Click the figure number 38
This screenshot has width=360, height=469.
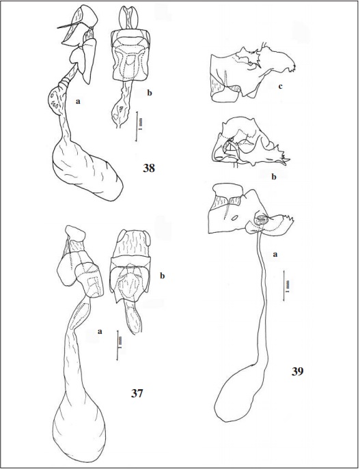click(x=149, y=168)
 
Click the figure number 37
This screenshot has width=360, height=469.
click(x=137, y=393)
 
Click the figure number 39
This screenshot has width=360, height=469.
click(x=297, y=371)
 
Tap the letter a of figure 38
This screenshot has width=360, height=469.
click(x=78, y=102)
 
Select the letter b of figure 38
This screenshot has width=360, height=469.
click(x=150, y=93)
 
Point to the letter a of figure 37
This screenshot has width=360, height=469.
click(x=100, y=331)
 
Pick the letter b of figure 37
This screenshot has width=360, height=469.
click(x=163, y=276)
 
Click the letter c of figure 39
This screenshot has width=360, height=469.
click(x=280, y=87)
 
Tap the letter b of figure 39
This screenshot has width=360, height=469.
click(x=273, y=177)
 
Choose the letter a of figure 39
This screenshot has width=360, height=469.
click(x=275, y=255)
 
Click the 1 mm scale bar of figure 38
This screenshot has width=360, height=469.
click(x=137, y=126)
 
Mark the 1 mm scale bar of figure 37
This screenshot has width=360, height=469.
click(x=117, y=345)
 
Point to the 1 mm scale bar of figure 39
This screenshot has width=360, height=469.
click(x=283, y=285)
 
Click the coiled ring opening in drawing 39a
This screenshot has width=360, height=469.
click(x=260, y=220)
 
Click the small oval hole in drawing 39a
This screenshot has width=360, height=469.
click(x=235, y=218)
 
